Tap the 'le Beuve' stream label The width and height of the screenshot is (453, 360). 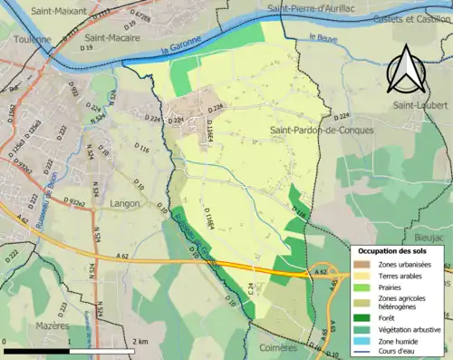coord(323,37)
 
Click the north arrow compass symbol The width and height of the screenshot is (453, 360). coord(406,68)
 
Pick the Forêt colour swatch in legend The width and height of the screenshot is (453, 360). coord(361,316)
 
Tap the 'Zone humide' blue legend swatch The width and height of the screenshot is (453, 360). coord(361,340)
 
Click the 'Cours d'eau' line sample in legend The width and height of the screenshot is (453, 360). coord(361,351)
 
